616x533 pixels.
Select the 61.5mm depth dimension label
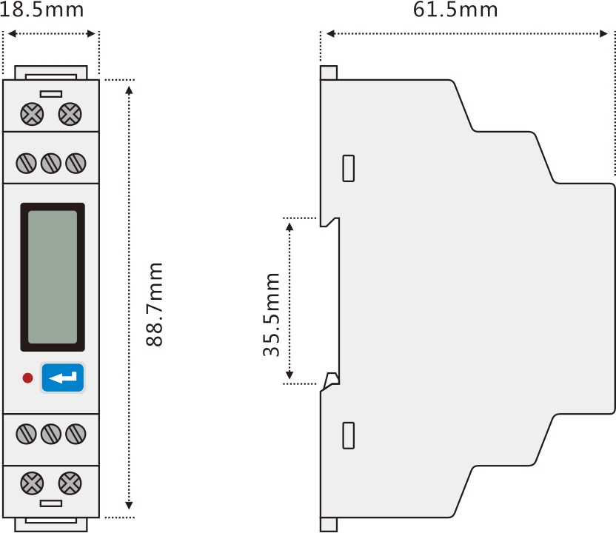(455, 10)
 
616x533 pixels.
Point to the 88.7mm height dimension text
(154, 304)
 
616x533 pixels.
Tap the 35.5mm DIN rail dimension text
(272, 315)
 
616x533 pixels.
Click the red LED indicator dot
(27, 378)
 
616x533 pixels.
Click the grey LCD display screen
(52, 276)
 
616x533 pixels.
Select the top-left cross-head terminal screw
(32, 114)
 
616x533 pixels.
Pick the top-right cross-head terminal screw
(70, 114)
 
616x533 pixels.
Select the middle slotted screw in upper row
(51, 163)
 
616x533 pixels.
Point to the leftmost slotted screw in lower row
(27, 434)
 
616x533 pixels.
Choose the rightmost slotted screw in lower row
(75, 434)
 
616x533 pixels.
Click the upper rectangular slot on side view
(349, 169)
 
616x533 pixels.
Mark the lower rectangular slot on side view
(349, 435)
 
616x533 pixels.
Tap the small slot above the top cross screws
(51, 94)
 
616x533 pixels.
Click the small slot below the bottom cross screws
(51, 503)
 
